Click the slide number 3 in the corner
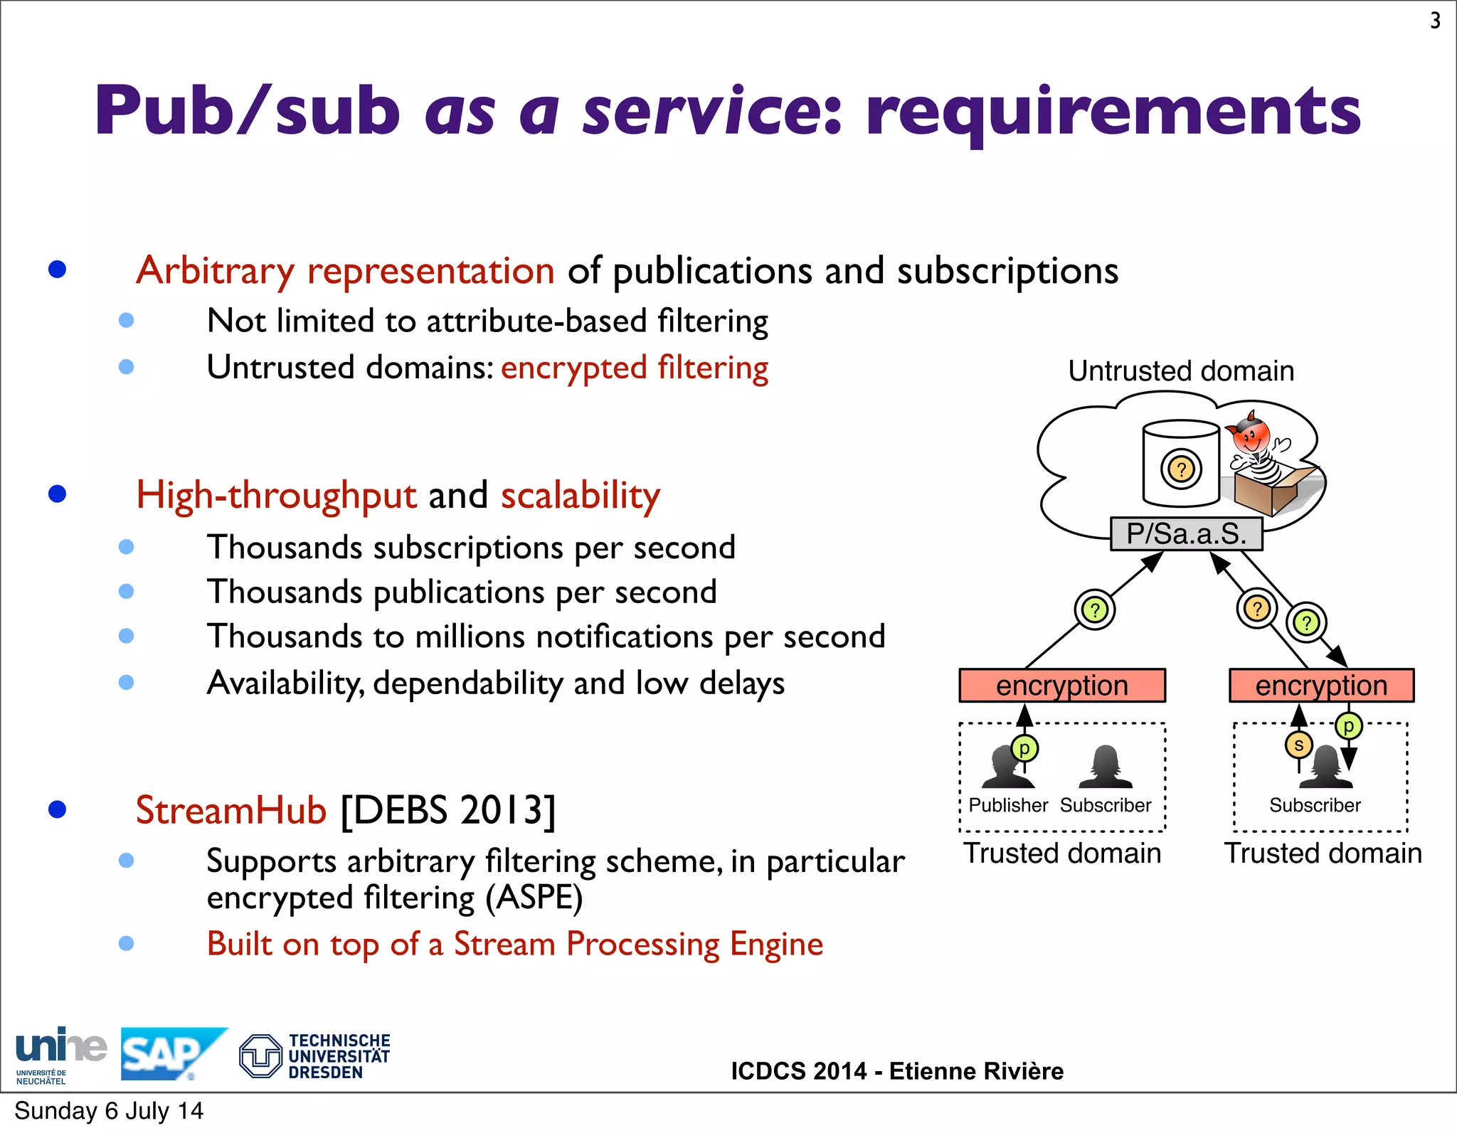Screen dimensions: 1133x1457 coord(1435,21)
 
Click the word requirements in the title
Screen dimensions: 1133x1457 coord(1113,112)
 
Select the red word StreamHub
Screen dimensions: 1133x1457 coord(231,810)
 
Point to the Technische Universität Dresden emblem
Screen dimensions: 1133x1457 coord(260,1055)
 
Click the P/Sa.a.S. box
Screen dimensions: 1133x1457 coord(1187,534)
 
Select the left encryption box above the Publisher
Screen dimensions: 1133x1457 coord(1062,686)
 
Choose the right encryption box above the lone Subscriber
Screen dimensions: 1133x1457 coord(1321,686)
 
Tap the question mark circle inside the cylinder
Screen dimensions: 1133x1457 coord(1181,469)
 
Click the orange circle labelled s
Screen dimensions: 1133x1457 coord(1298,745)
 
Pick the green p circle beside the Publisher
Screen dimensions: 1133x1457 coord(1024,748)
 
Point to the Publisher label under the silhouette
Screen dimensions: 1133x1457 coord(1008,805)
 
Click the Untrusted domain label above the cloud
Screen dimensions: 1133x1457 coord(1181,371)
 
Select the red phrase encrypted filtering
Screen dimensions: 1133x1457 coord(635,368)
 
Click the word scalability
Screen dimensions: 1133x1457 coord(581,496)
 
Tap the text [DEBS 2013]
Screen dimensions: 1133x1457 coord(448,810)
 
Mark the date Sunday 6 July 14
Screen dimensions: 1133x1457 coord(109,1111)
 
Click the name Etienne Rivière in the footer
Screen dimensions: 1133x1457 coord(976,1071)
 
